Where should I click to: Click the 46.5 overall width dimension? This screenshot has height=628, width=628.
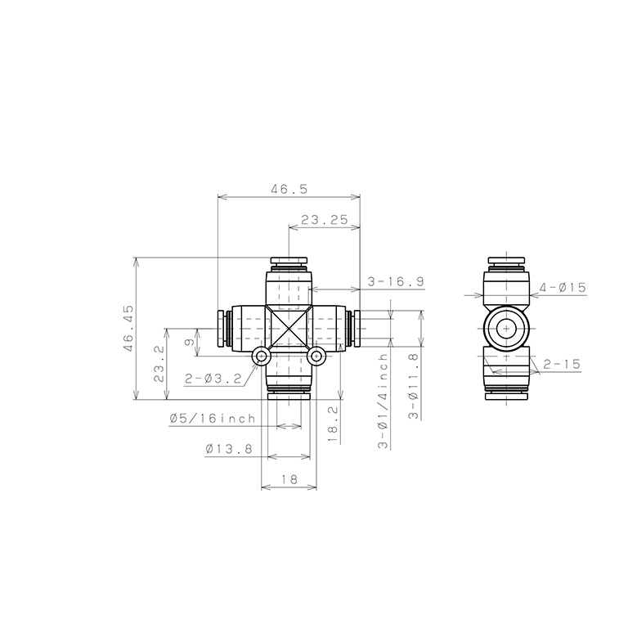(x=289, y=189)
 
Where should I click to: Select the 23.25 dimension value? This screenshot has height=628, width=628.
(x=325, y=220)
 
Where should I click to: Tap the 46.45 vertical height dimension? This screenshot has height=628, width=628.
(x=128, y=329)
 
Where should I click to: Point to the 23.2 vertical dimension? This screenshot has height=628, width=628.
(x=159, y=364)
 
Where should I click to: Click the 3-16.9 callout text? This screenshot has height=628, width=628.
(x=395, y=282)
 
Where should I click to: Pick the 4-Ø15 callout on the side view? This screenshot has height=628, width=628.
(x=563, y=287)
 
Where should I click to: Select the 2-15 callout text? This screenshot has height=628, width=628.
(x=562, y=364)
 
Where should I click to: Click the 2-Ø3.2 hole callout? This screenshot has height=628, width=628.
(x=213, y=378)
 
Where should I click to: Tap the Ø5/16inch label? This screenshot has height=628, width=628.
(x=213, y=419)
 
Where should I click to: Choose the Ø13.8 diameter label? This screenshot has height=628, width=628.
(x=229, y=449)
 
